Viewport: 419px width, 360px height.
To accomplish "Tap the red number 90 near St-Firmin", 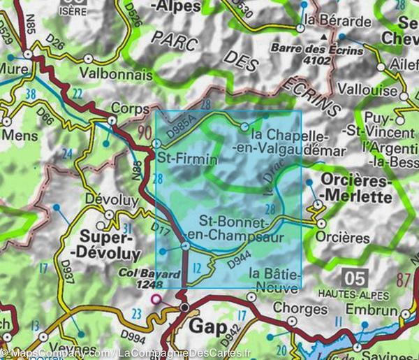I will (145, 131).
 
